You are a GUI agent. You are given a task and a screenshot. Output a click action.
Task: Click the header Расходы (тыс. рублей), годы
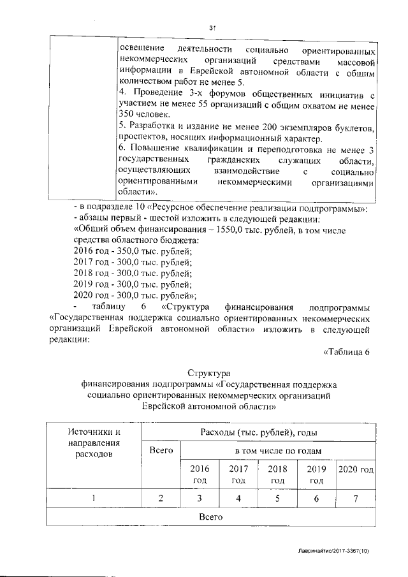pos(260,433)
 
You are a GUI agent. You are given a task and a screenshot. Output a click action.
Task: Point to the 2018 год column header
pos(277,474)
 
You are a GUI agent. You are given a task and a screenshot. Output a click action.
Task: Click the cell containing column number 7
pos(356,499)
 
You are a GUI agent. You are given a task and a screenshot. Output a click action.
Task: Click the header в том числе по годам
pos(277,451)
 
